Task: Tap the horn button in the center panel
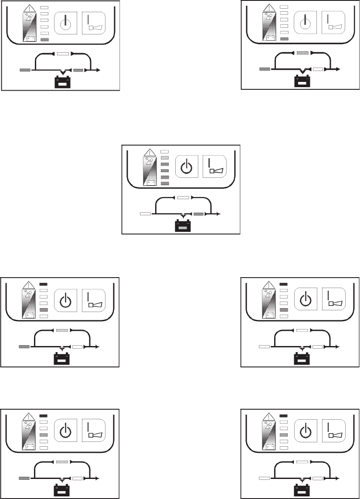pos(215,166)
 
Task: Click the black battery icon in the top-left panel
pos(62,82)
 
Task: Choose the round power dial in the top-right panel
pos(306,22)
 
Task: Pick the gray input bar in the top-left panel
pos(25,70)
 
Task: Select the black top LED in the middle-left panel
pos(43,284)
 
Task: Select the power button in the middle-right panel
pos(306,300)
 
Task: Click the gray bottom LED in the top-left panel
pos(44,40)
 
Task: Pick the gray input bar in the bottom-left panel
pos(24,479)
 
